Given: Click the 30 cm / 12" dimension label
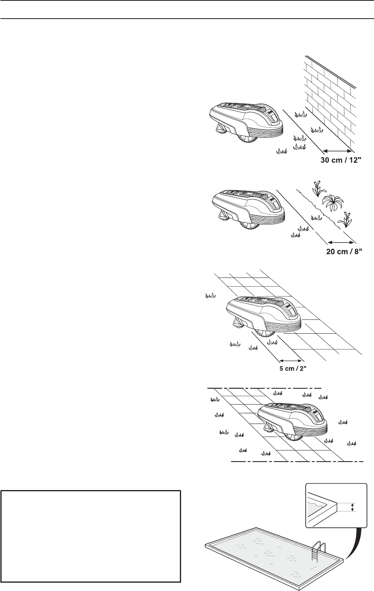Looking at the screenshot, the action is pos(340,160).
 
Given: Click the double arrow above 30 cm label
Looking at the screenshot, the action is pos(337,151).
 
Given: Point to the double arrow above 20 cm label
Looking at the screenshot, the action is pos(342,242).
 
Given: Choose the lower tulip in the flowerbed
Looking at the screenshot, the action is pos(346,219).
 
